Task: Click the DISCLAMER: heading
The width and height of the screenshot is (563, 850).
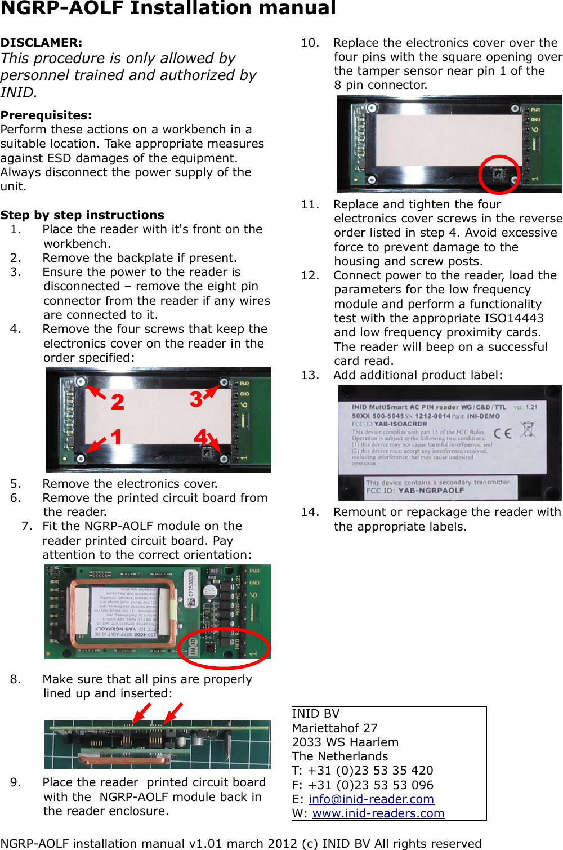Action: pyautogui.click(x=41, y=43)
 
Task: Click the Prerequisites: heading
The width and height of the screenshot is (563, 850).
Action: pyautogui.click(x=46, y=115)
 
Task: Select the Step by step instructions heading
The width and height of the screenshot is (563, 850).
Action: pyautogui.click(x=82, y=215)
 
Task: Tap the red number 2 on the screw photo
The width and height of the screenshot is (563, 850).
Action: pyautogui.click(x=117, y=402)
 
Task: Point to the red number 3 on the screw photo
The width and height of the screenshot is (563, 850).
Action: pyautogui.click(x=195, y=399)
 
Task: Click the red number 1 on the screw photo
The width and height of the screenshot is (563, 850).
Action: pyautogui.click(x=116, y=437)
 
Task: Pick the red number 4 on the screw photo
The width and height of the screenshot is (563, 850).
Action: pyautogui.click(x=200, y=437)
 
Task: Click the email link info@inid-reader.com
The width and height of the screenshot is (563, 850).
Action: pyautogui.click(x=371, y=799)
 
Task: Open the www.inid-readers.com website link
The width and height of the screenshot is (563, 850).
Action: pyautogui.click(x=378, y=813)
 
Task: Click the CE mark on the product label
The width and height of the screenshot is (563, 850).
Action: pyautogui.click(x=502, y=433)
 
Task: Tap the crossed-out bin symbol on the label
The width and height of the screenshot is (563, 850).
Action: pyautogui.click(x=528, y=430)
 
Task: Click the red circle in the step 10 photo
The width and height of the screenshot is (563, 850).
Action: pyautogui.click(x=499, y=175)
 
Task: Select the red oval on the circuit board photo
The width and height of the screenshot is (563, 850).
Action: pyautogui.click(x=224, y=648)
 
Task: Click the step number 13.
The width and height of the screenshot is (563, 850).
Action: pyautogui.click(x=310, y=375)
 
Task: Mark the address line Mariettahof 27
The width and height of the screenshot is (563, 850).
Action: pyautogui.click(x=334, y=728)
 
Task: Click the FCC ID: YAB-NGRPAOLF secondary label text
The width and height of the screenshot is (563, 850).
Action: pyautogui.click(x=415, y=491)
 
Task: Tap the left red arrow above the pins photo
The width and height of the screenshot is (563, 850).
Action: pyautogui.click(x=141, y=713)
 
